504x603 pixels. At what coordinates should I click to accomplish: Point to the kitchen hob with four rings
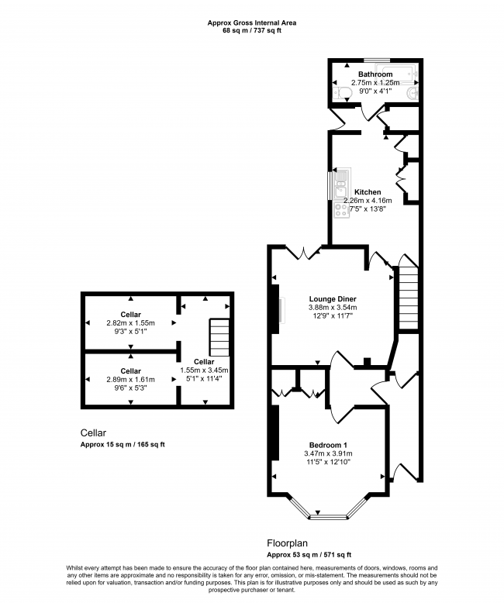pos(340,208)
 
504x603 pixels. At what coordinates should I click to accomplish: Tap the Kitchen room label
pos(368,191)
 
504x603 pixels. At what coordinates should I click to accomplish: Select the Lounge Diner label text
pos(332,298)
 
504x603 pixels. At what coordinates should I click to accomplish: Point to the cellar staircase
pos(220,336)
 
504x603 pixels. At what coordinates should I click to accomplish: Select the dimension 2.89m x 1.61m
pos(129,379)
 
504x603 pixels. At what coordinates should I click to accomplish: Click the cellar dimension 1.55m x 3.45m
pos(205,370)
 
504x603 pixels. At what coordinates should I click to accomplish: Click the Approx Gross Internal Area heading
pos(251,22)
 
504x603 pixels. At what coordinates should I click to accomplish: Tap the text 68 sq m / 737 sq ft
pos(251,31)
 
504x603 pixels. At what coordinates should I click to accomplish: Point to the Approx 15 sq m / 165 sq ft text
pos(123,445)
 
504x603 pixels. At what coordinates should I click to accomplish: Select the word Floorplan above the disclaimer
pos(287,545)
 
